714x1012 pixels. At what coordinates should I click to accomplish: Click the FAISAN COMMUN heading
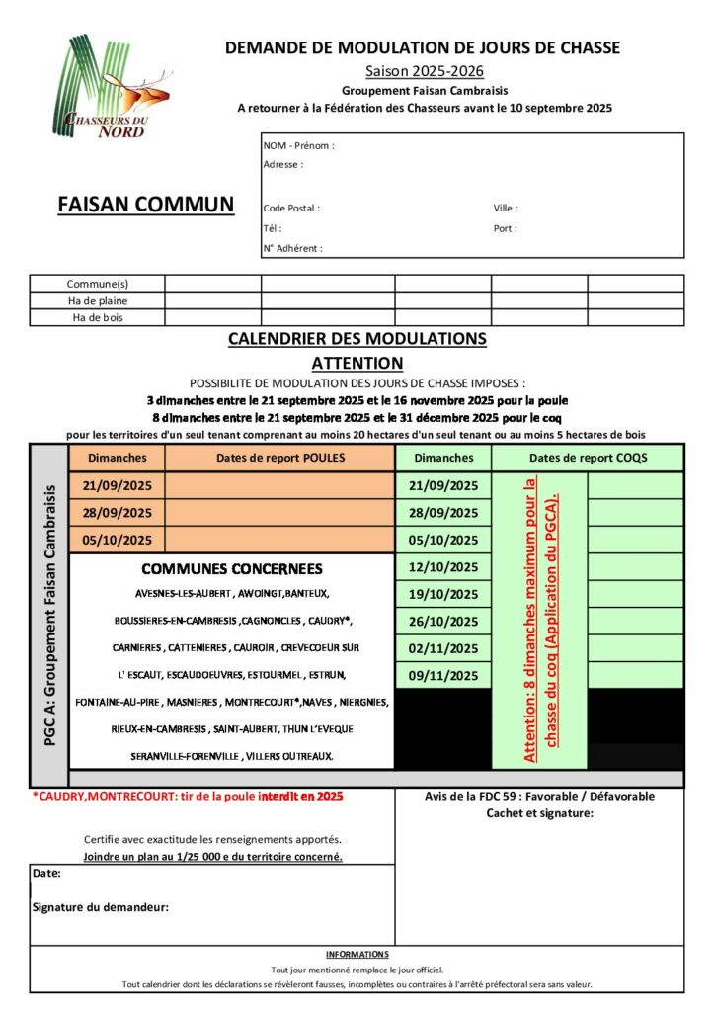pyautogui.click(x=146, y=204)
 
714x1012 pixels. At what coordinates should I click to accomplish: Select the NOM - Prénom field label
pyautogui.click(x=298, y=145)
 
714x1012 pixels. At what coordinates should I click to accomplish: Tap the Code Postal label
pyautogui.click(x=291, y=208)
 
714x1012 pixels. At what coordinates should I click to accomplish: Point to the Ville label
pyautogui.click(x=506, y=208)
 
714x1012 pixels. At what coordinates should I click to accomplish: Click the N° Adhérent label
pyautogui.click(x=293, y=248)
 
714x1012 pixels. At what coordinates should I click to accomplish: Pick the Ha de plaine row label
pyautogui.click(x=98, y=300)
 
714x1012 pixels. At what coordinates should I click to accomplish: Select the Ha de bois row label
pyautogui.click(x=98, y=317)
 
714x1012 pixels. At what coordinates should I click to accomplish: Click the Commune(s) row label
pyautogui.click(x=98, y=284)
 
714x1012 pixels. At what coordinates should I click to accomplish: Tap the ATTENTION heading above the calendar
pyautogui.click(x=357, y=363)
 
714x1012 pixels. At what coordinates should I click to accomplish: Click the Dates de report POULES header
pyautogui.click(x=279, y=458)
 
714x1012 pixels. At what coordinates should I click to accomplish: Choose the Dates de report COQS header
pyautogui.click(x=588, y=458)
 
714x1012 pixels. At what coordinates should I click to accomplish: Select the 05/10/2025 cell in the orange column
pyautogui.click(x=118, y=540)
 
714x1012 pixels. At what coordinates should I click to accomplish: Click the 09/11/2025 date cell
pyautogui.click(x=443, y=675)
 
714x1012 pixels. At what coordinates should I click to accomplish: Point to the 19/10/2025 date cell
pyautogui.click(x=443, y=594)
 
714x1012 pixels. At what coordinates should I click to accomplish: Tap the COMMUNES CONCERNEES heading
pyautogui.click(x=231, y=568)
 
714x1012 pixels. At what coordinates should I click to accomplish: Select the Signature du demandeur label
pyautogui.click(x=100, y=906)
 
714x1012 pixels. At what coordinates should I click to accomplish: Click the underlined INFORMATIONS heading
pyautogui.click(x=357, y=954)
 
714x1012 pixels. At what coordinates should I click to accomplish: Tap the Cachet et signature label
pyautogui.click(x=539, y=813)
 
